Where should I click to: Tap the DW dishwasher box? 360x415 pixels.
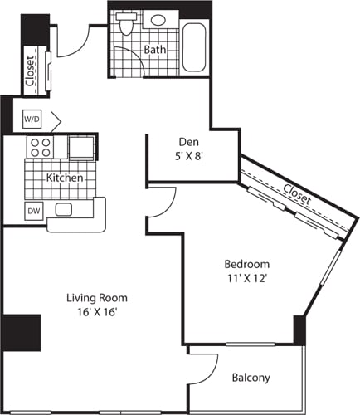[34, 211]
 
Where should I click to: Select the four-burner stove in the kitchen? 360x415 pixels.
[40, 147]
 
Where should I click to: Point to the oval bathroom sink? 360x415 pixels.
[158, 20]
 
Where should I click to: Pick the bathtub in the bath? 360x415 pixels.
[196, 46]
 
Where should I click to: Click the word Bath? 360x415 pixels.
[154, 50]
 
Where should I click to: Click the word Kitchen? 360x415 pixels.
[63, 178]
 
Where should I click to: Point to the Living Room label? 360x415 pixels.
[97, 297]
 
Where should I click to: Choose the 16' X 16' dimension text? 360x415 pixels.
[97, 312]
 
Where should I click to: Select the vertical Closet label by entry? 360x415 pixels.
[31, 71]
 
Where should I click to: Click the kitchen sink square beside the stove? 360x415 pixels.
[81, 148]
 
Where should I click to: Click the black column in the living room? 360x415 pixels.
[21, 332]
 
